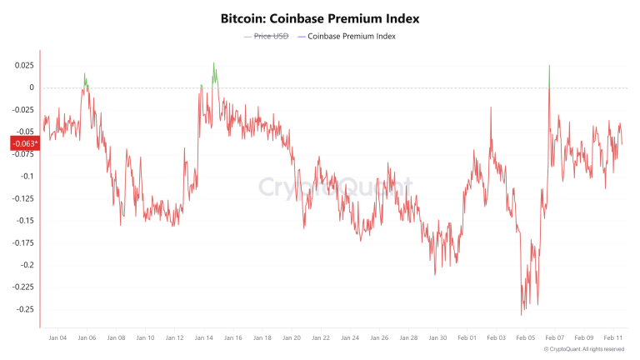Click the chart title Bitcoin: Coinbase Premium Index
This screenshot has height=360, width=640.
point(320,17)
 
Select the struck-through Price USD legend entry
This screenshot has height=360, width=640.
point(267,37)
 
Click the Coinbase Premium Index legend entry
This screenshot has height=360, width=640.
point(351,37)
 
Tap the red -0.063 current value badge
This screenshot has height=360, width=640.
point(23,143)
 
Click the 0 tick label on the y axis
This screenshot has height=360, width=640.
point(31,87)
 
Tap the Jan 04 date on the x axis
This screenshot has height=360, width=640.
point(57,338)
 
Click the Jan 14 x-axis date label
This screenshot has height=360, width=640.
point(203,338)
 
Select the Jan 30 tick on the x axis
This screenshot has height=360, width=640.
point(437,338)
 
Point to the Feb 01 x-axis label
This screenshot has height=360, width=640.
point(467,338)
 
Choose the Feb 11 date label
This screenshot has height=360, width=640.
point(612,338)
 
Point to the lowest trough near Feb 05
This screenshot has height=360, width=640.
point(522,313)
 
